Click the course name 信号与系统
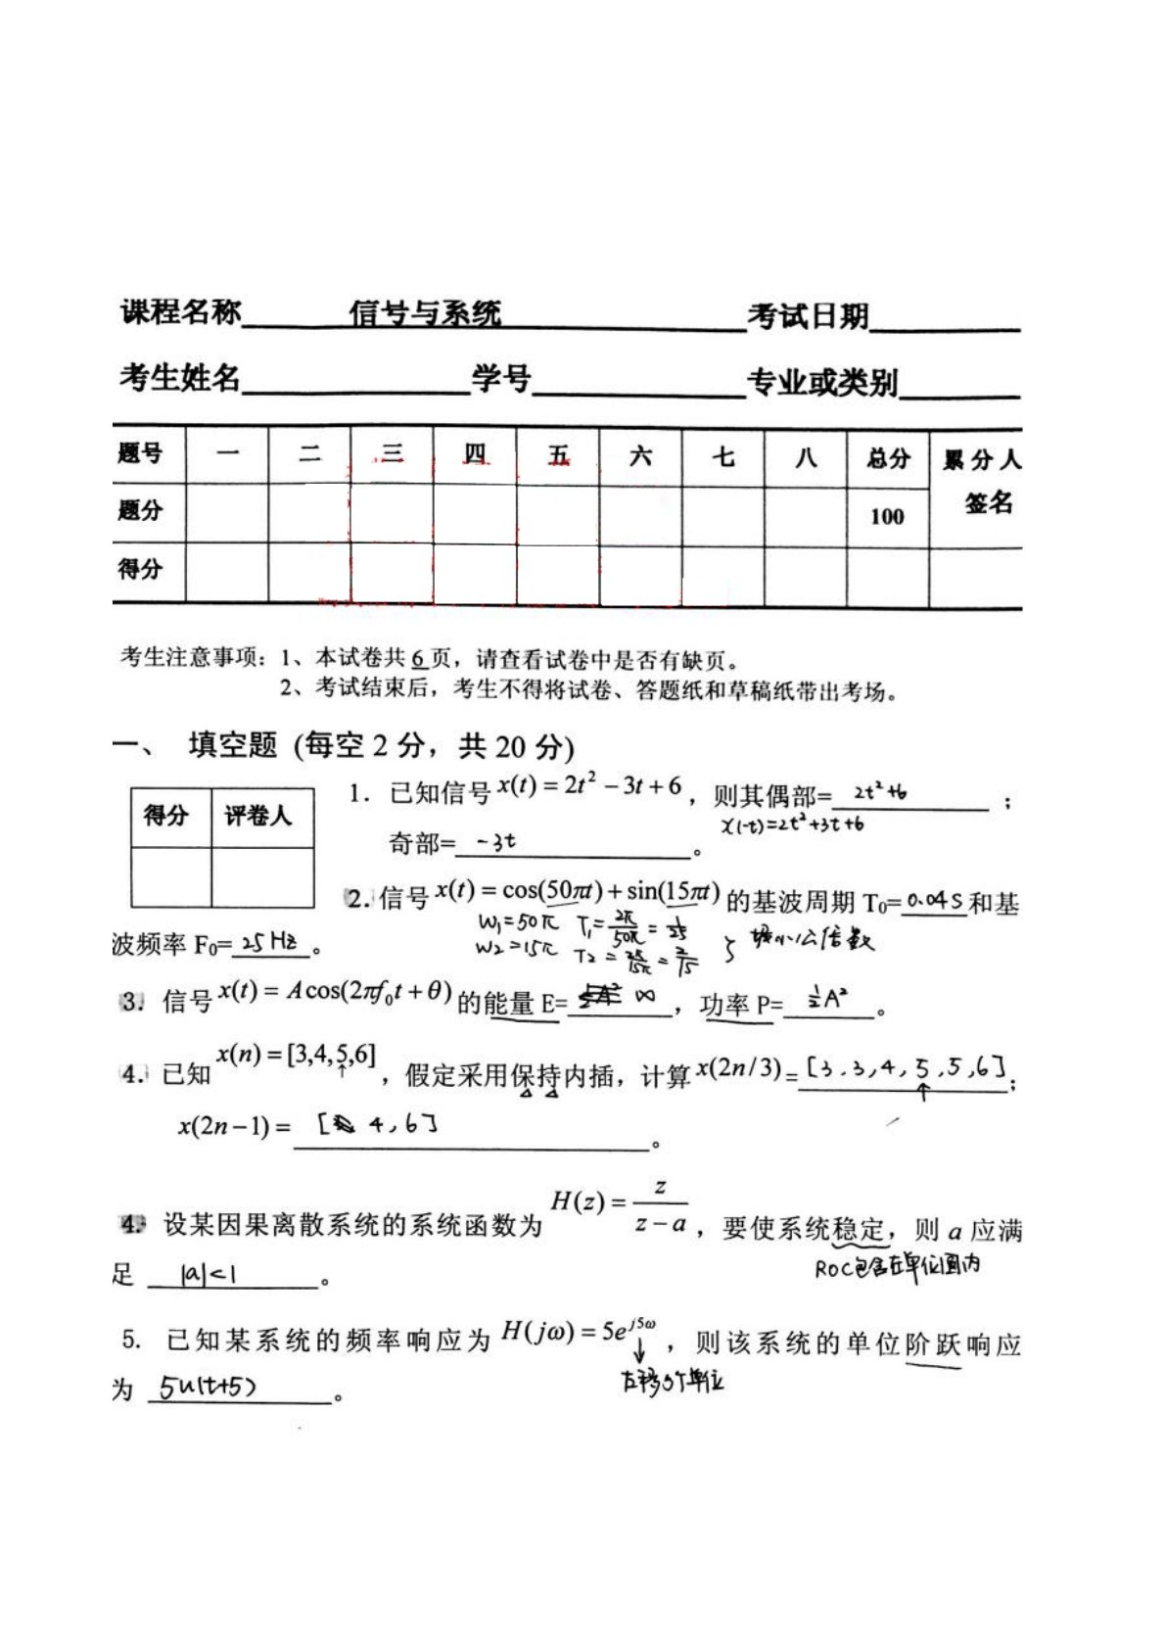click(425, 313)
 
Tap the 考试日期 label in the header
click(808, 316)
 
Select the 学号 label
click(500, 378)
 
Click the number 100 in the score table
click(887, 516)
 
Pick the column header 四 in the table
click(475, 455)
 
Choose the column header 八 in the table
click(805, 456)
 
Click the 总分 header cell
click(887, 457)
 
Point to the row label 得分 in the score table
click(140, 568)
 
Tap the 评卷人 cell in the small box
click(258, 816)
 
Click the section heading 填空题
click(233, 745)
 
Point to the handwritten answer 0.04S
click(934, 900)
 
